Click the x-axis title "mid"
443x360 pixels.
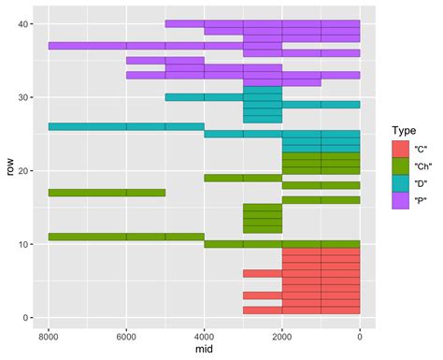pyautogui.click(x=204, y=349)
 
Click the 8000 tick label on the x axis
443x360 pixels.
pyautogui.click(x=49, y=333)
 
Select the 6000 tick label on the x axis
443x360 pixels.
pyautogui.click(x=126, y=333)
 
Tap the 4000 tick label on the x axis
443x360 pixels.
pyautogui.click(x=204, y=333)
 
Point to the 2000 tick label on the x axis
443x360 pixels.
pyautogui.click(x=281, y=333)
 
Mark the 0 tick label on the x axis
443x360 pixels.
pyautogui.click(x=359, y=333)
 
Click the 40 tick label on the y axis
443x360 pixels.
pyautogui.click(x=27, y=24)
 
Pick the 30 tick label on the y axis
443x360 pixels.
pyautogui.click(x=27, y=97)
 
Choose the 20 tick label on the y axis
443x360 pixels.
pyautogui.click(x=27, y=171)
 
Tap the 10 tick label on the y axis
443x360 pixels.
pyautogui.click(x=27, y=244)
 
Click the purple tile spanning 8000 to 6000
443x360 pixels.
pyautogui.click(x=87, y=46)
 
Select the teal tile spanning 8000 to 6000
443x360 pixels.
pyautogui.click(x=87, y=126)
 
